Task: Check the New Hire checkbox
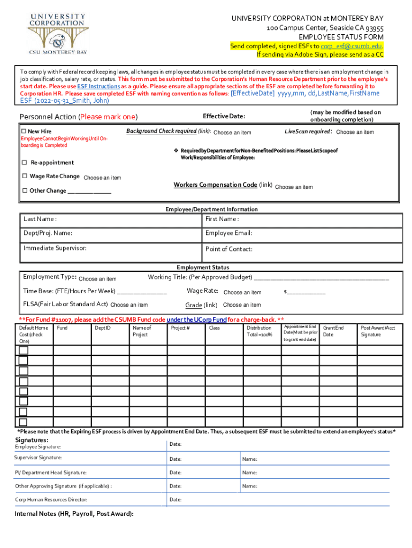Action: [24, 132]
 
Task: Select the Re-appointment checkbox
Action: [24, 163]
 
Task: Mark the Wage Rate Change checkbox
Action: [24, 177]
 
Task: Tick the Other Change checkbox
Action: [24, 191]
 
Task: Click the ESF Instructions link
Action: [98, 86]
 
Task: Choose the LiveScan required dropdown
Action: [355, 132]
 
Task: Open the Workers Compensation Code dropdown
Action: [294, 187]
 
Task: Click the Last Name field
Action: [111, 220]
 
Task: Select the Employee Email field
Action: [302, 234]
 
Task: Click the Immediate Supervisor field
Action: [111, 249]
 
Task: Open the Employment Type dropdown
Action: [97, 279]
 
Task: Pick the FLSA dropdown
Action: [129, 305]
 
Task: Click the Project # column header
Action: [180, 328]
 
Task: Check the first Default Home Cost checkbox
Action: [24, 351]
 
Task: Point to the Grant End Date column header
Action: [333, 331]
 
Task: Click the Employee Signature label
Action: [37, 447]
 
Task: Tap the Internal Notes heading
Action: [74, 514]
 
